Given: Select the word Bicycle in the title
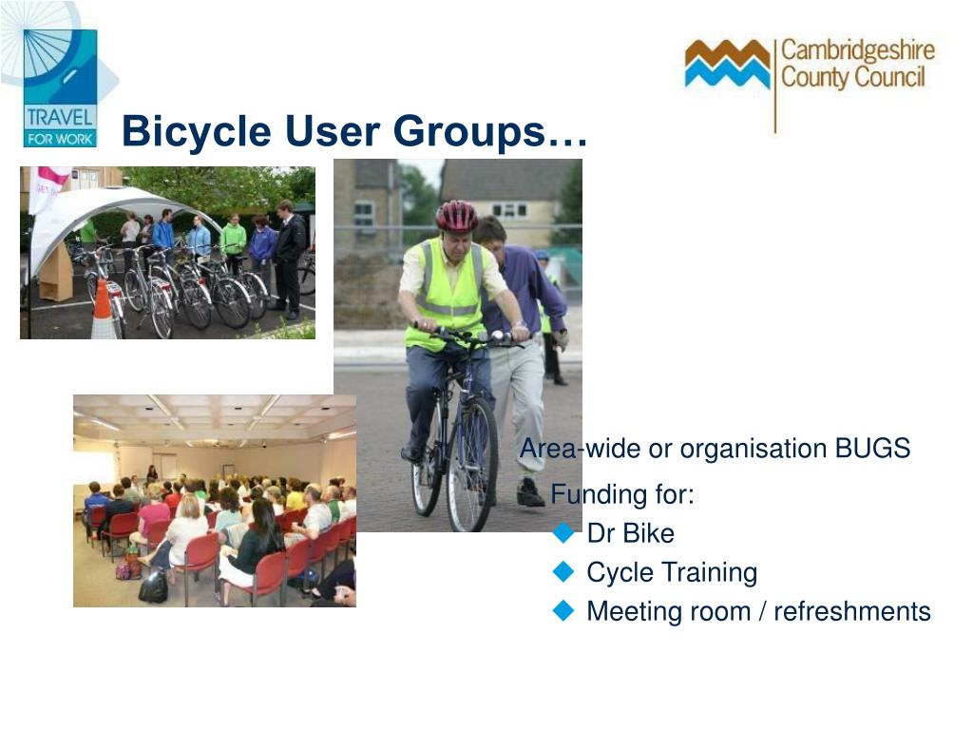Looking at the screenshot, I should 190,131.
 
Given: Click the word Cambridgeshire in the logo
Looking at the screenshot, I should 857,50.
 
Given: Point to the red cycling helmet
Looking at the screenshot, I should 457,216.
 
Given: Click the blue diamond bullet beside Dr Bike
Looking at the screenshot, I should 564,533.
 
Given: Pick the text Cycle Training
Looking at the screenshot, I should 672,572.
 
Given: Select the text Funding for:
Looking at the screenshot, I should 622,495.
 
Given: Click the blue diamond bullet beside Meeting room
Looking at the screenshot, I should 564,611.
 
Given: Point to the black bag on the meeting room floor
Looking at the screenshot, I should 152,587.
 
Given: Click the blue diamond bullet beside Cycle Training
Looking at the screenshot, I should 564,572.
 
